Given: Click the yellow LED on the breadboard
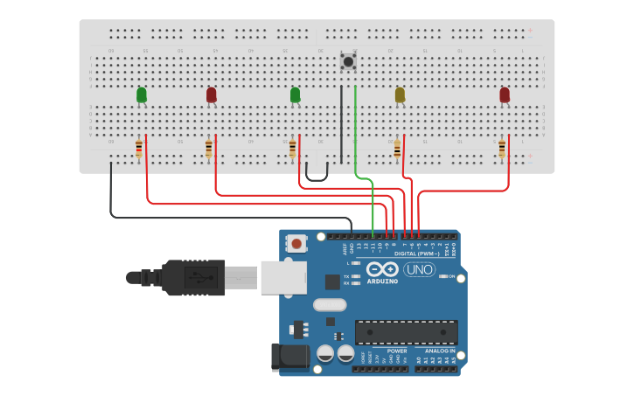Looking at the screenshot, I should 400,94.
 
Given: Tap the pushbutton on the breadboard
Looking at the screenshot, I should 348,61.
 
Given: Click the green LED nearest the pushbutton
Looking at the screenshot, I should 295,94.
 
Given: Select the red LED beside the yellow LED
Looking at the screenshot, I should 505,94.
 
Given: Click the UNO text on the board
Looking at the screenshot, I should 420,269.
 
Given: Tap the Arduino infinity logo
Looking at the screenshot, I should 382,269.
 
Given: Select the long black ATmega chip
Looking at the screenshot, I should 406,332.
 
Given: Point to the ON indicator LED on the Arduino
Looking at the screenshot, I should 443,276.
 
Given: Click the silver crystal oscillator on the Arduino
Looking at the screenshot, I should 330,305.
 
